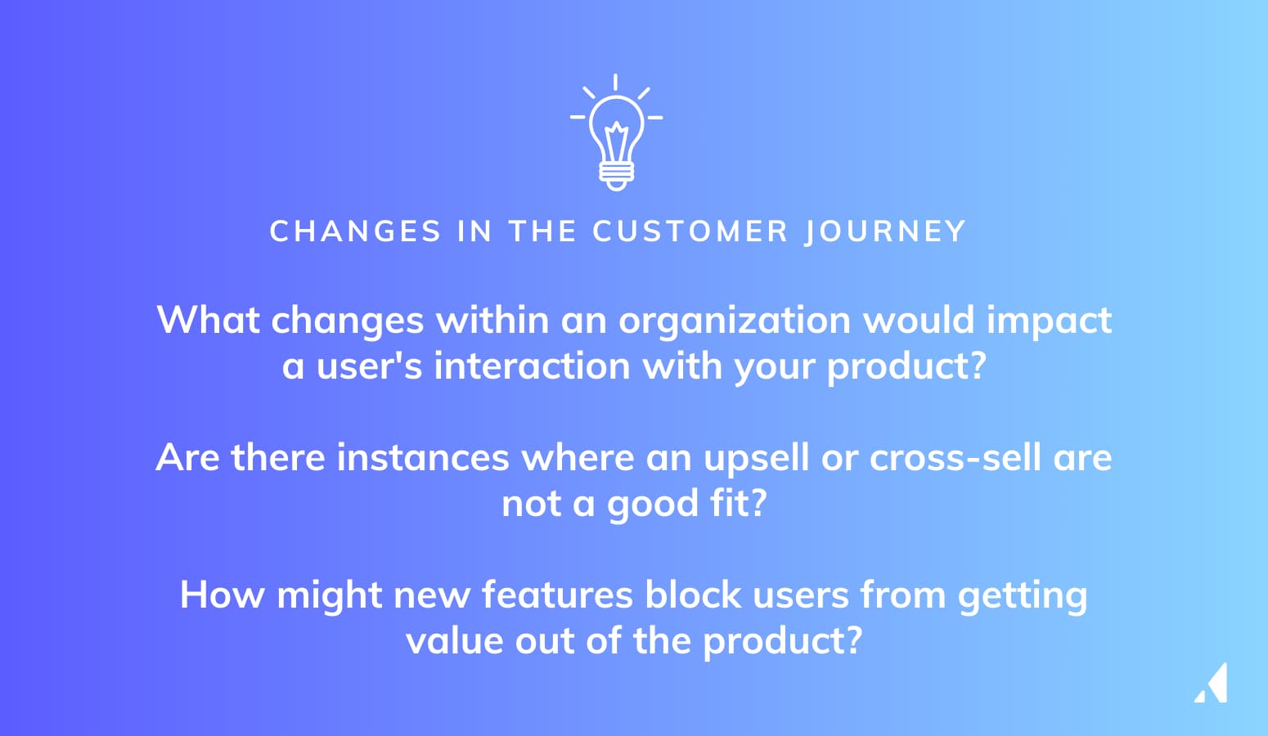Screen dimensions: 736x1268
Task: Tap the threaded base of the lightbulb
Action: click(616, 173)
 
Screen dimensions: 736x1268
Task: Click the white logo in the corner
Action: click(1212, 684)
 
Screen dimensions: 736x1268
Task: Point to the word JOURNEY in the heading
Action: click(885, 231)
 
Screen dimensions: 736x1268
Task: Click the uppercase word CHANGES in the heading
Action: click(355, 231)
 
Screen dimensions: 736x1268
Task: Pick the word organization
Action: click(734, 321)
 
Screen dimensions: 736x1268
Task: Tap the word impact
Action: click(1049, 321)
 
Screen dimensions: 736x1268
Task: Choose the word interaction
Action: click(531, 366)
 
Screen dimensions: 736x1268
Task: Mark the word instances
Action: click(423, 458)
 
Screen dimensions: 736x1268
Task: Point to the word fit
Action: click(738, 504)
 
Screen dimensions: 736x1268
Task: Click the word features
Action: click(556, 595)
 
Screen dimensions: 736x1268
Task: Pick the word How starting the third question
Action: click(222, 595)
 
